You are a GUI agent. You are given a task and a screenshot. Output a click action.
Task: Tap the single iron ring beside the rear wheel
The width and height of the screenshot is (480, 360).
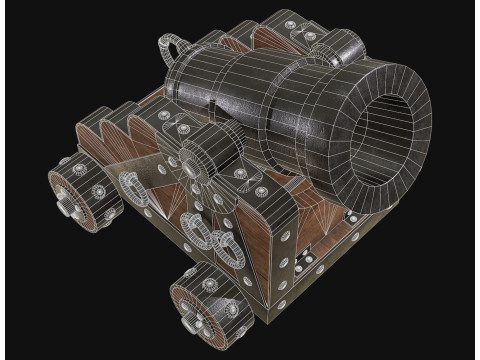pyautogui.click(x=130, y=185)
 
